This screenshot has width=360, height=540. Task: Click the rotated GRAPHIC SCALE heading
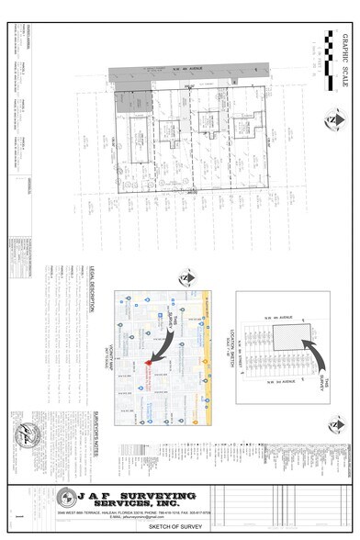(343, 62)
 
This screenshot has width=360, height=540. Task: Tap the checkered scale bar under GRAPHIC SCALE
(330, 62)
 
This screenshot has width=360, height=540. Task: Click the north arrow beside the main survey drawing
(330, 118)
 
